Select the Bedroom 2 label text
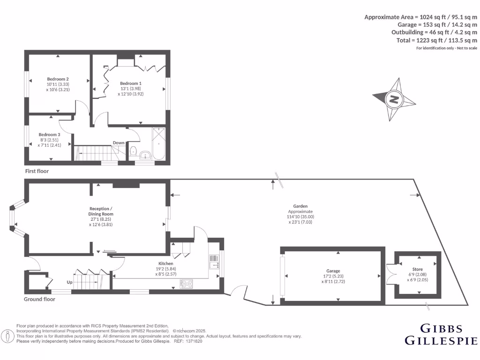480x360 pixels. (x=58, y=79)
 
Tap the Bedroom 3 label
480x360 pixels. (x=49, y=135)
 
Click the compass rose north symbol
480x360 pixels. (x=395, y=99)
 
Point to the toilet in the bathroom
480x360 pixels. (x=133, y=151)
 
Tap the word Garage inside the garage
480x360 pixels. (x=333, y=271)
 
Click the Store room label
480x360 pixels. (x=417, y=270)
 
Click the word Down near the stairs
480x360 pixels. (x=119, y=143)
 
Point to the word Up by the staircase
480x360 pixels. (x=70, y=283)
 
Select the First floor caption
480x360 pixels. (x=37, y=172)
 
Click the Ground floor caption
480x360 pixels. (x=39, y=299)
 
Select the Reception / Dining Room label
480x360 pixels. (x=101, y=211)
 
